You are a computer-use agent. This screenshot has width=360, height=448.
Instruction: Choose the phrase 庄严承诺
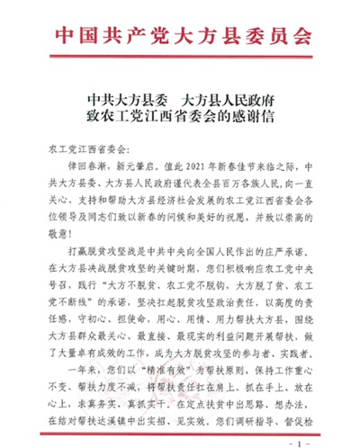(x=290, y=246)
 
